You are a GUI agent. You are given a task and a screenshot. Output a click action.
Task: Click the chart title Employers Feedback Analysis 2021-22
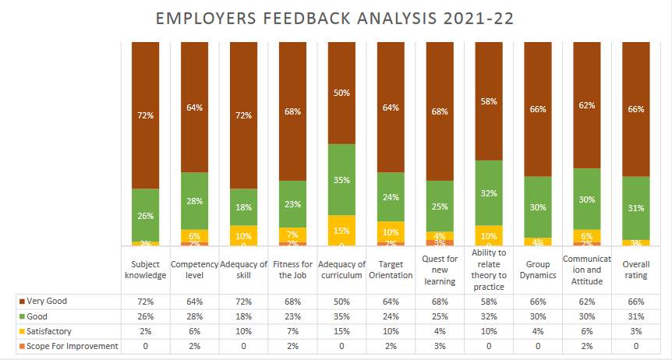335,18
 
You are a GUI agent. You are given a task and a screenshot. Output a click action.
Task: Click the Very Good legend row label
49,300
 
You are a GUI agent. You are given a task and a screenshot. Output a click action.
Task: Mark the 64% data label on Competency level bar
194,108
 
